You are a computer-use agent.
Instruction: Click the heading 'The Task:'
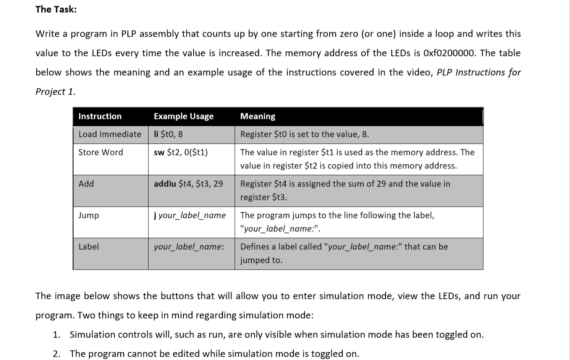click(56, 9)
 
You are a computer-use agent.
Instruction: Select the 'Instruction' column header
click(100, 117)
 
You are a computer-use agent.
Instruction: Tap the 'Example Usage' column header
click(184, 117)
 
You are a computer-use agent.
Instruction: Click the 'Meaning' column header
click(257, 117)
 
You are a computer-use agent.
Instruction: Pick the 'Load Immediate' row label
click(110, 134)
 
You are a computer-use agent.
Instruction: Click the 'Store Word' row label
click(101, 152)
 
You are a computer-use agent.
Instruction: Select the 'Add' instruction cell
click(86, 184)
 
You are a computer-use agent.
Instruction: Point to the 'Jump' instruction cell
click(89, 215)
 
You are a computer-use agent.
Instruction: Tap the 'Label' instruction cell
click(89, 247)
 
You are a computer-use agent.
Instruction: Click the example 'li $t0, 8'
click(168, 134)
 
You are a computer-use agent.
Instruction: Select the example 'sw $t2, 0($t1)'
click(181, 152)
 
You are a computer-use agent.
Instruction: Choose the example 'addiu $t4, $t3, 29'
click(188, 184)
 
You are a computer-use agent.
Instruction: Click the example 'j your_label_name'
click(190, 215)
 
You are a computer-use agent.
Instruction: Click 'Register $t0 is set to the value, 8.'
click(304, 134)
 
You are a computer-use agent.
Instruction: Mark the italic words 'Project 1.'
click(55, 92)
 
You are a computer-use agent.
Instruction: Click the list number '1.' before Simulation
click(57, 335)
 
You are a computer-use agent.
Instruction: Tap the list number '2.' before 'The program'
click(57, 354)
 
